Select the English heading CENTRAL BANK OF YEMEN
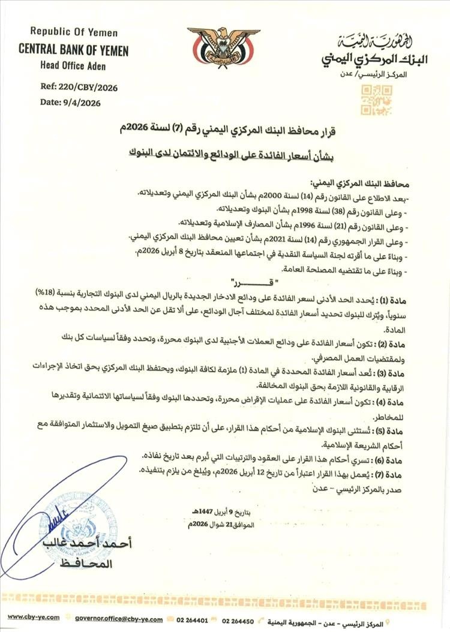coord(74,51)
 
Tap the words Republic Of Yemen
coord(74,32)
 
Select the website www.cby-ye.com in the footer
coord(34,617)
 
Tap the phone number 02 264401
coord(193,618)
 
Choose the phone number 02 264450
coord(238,618)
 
